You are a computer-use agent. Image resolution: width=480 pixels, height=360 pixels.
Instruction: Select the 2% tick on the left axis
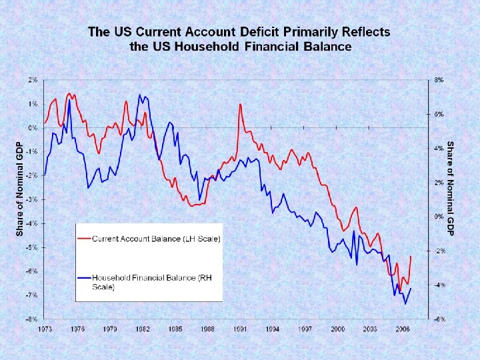pos(33,80)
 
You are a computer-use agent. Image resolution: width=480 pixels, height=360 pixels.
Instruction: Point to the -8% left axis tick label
pos(31,319)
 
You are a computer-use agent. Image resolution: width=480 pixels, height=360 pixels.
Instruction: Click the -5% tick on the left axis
pos(31,247)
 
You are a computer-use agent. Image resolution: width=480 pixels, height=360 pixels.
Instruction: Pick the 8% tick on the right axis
pos(439,80)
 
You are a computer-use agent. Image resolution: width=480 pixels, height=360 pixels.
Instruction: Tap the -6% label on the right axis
pos(439,319)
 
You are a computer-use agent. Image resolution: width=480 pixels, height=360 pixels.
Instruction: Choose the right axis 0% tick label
pos(439,217)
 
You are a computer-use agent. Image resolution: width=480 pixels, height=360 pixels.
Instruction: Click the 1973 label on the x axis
pos(45,329)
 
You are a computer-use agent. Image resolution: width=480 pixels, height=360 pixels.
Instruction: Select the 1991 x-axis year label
pos(241,329)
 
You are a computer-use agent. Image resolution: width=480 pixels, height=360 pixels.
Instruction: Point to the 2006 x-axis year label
pos(403,329)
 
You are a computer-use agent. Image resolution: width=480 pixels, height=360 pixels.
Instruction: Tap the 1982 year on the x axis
pos(143,329)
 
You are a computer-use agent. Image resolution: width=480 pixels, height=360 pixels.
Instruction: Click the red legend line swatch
pos(85,238)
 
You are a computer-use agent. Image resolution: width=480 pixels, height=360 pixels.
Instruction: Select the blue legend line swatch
pos(85,277)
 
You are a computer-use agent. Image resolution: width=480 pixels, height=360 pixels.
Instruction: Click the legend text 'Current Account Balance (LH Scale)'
pos(156,238)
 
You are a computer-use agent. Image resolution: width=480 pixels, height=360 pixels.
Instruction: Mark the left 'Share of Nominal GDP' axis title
pos(19,187)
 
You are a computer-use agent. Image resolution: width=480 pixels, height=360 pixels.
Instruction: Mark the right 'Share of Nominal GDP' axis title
pos(451,187)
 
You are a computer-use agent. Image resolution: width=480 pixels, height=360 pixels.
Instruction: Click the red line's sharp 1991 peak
pos(239,105)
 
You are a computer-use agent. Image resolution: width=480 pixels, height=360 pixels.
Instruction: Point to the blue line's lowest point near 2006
pos(405,303)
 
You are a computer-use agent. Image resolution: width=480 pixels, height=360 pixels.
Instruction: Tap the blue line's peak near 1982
pos(140,95)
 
